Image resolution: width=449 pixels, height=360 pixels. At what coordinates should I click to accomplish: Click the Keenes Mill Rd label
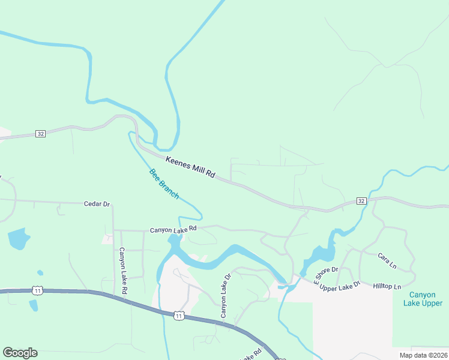coord(190,167)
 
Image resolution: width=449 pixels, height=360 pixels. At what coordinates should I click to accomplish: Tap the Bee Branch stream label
coord(164,184)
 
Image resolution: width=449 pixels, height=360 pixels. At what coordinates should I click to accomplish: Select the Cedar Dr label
coord(97,204)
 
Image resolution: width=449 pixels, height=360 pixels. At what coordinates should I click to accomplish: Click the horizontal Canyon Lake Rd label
coord(173,229)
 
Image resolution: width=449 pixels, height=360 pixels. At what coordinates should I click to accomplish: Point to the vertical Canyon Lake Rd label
coord(123,271)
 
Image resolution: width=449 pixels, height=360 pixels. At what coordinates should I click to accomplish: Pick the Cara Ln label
coord(387,260)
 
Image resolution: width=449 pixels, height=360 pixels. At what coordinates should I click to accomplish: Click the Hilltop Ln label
coord(387,287)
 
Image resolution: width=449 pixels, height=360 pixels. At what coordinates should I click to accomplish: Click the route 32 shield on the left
coord(40,133)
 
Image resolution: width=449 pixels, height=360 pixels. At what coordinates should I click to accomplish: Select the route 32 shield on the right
coord(360,200)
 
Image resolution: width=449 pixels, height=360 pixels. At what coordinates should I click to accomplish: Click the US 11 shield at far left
coord(38,290)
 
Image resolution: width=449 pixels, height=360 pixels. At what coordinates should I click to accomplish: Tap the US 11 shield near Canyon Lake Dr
coord(178,315)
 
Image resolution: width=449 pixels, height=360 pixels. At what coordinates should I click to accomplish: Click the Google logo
coord(20,353)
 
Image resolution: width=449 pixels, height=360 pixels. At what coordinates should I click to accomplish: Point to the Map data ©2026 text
coord(423,355)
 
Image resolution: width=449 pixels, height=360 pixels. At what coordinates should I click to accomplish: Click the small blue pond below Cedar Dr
coord(18,239)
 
